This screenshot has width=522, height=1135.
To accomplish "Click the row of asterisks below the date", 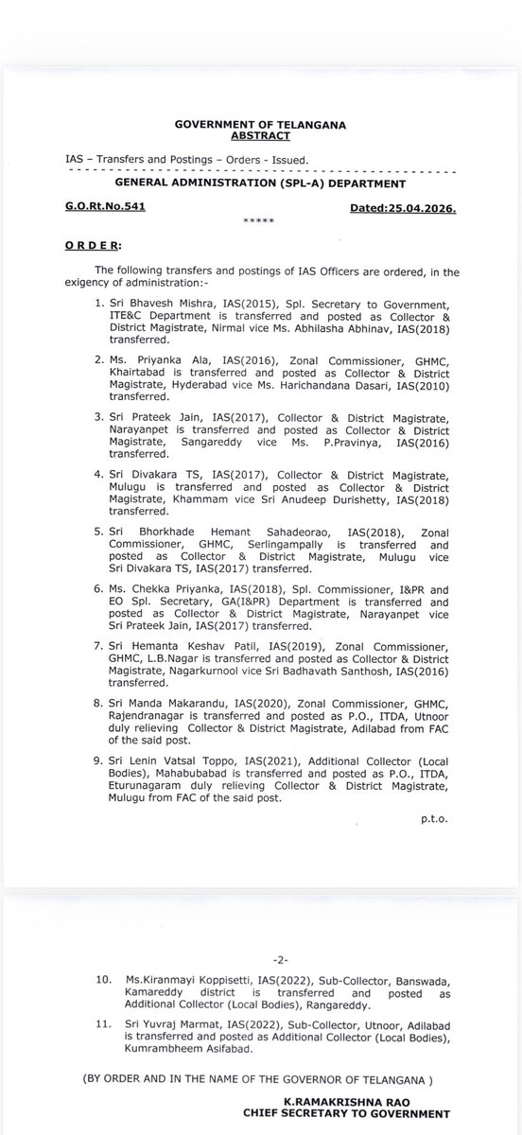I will click(258, 220).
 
